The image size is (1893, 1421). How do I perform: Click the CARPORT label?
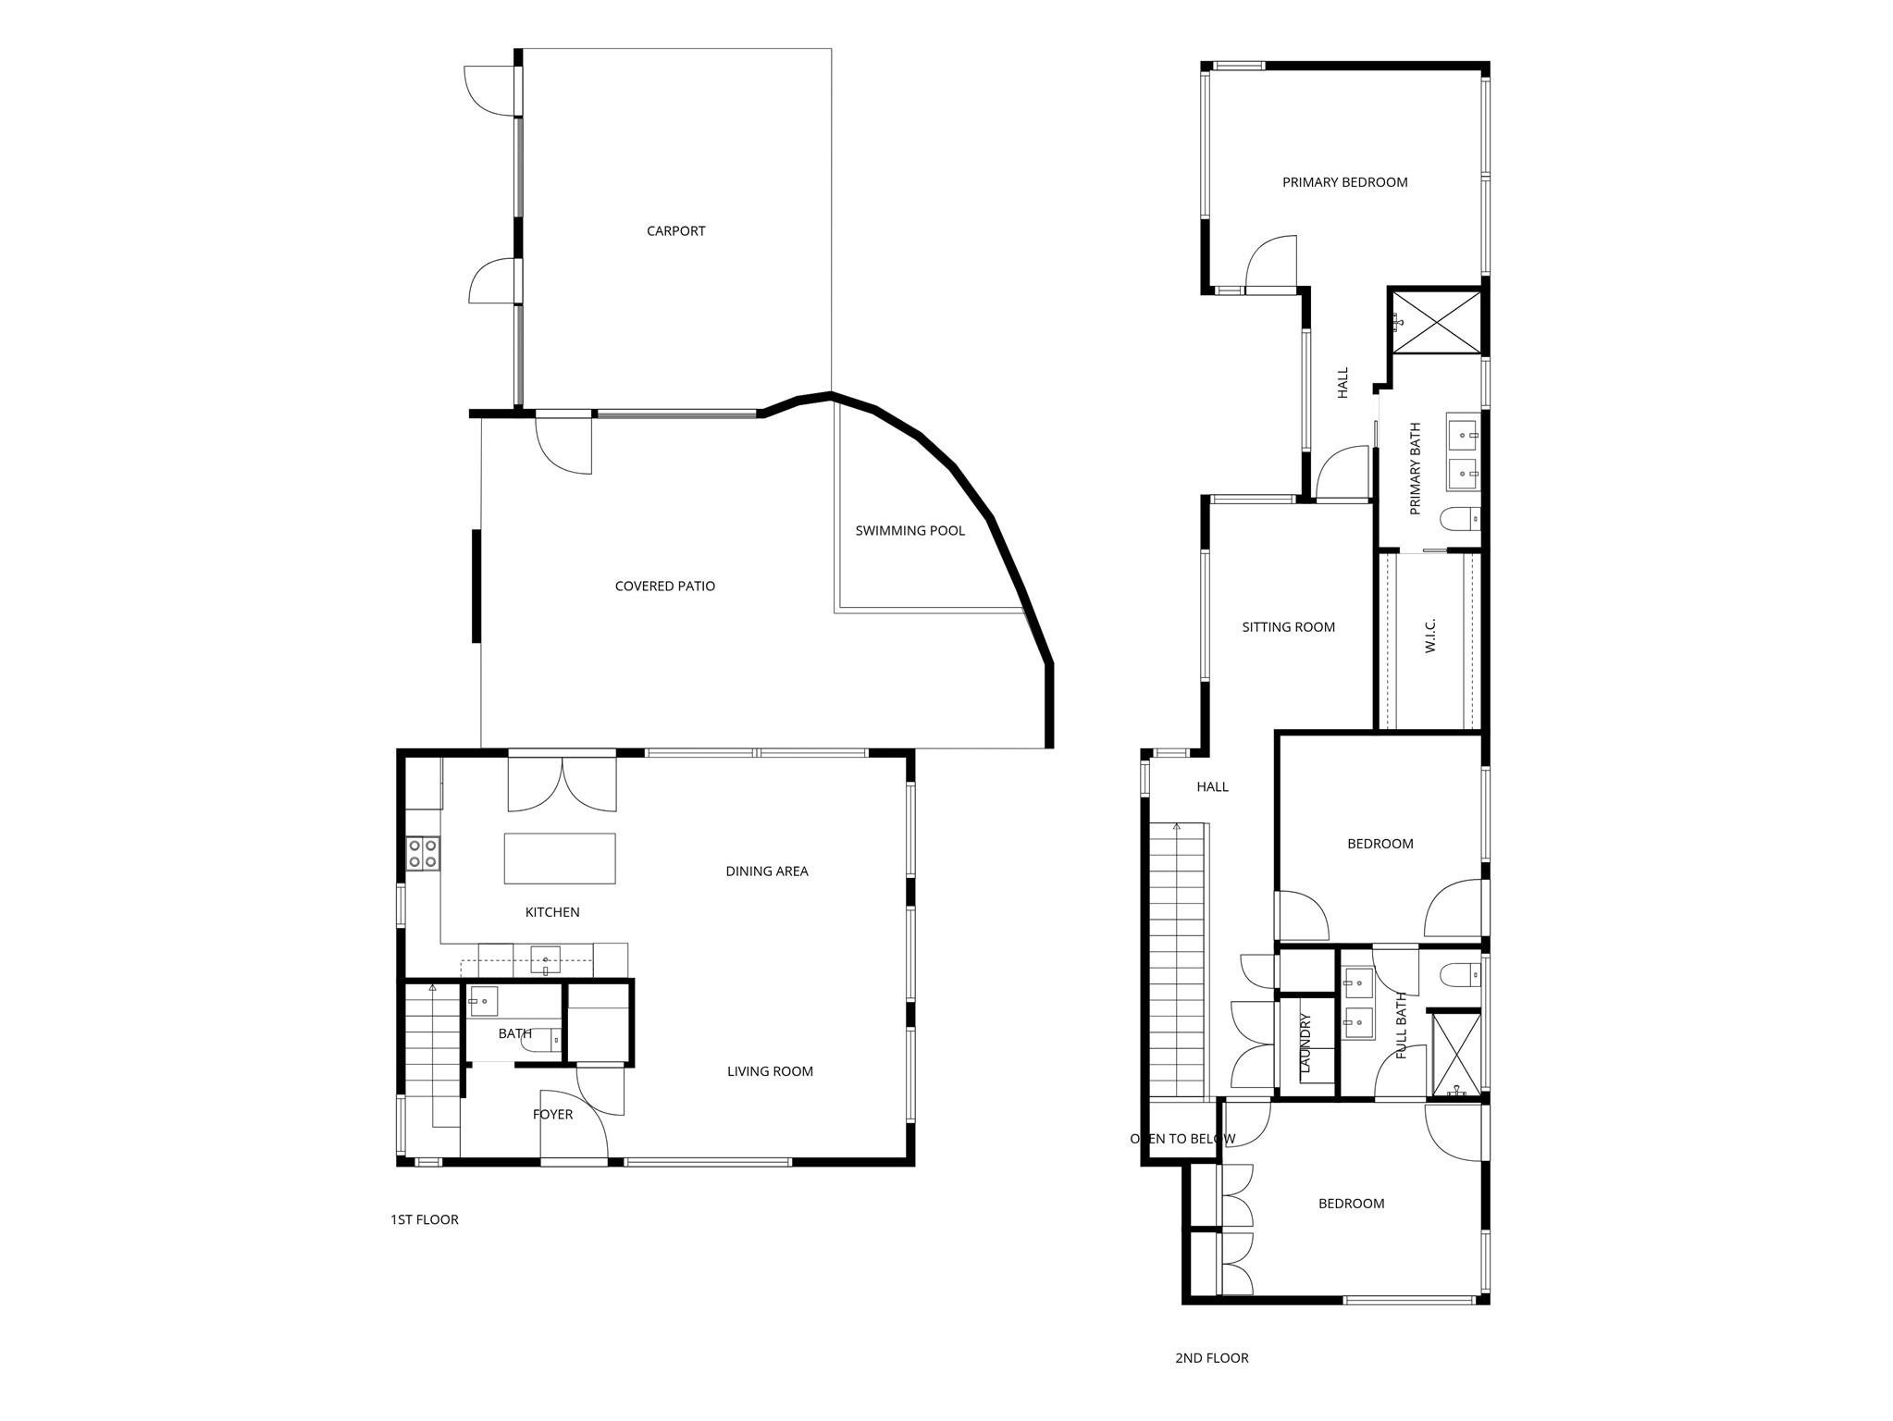[675, 231]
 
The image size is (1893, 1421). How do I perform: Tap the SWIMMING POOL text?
[909, 531]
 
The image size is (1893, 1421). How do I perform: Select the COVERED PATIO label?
[664, 587]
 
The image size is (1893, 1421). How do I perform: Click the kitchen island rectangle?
[559, 859]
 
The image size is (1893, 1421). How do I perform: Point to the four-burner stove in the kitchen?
[423, 853]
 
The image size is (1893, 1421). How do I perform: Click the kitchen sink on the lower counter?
[545, 960]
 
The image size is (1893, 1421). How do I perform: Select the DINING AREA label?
[766, 871]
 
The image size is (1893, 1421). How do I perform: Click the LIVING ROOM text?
[769, 1071]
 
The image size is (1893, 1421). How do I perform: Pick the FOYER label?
[552, 1115]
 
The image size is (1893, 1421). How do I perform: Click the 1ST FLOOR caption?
[424, 1220]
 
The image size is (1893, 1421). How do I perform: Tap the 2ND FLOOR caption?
[1211, 1358]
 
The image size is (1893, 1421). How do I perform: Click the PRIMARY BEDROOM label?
[1344, 182]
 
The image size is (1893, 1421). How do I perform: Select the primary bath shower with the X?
[1436, 321]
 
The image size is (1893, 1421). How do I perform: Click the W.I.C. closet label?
[1429, 636]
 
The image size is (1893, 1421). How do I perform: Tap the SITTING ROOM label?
[1288, 627]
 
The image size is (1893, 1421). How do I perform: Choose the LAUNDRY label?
[1305, 1044]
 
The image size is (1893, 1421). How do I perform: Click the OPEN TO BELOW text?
[1182, 1139]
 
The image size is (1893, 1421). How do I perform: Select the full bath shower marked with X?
[1455, 1055]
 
